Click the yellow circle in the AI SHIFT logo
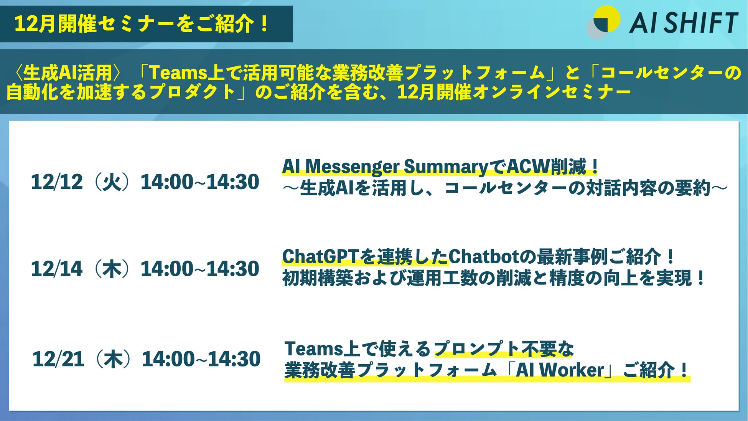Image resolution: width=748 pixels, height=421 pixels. [x=606, y=18]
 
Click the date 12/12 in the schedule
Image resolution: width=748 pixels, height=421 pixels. [x=57, y=182]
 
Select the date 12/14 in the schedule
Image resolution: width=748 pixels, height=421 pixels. [x=57, y=269]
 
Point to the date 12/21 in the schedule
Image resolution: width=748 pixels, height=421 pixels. [x=58, y=359]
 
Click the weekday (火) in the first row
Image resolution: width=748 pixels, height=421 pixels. [x=112, y=182]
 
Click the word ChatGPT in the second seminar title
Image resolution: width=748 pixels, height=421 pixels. [x=323, y=256]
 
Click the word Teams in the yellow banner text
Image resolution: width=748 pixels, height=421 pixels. [x=178, y=73]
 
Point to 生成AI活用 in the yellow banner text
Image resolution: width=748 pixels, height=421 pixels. [x=67, y=73]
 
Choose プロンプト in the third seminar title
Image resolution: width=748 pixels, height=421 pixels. [x=476, y=349]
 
